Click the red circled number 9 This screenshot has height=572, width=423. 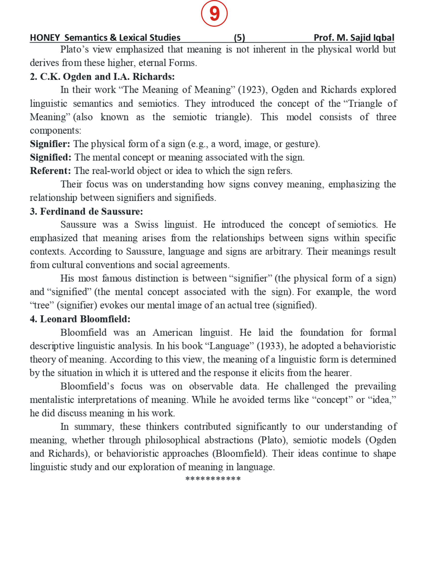click(214, 13)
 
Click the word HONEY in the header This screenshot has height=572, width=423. click(45, 38)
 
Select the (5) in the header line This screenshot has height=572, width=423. click(239, 38)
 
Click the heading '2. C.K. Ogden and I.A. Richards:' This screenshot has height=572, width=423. click(102, 76)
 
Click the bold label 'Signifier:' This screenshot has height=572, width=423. click(50, 144)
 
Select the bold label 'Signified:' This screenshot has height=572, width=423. click(50, 157)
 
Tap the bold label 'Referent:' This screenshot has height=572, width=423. click(50, 171)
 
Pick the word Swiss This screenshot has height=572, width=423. click(146, 224)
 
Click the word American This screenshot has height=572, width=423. click(172, 332)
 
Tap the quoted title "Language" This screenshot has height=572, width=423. click(229, 346)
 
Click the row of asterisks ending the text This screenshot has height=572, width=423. click(213, 479)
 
